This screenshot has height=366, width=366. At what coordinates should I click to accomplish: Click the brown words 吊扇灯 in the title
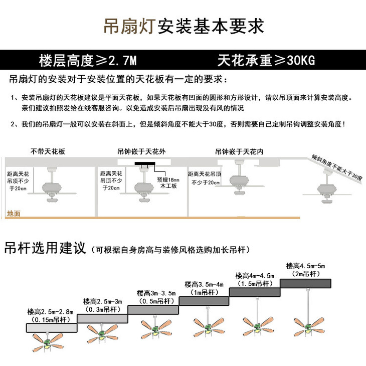tap(129, 26)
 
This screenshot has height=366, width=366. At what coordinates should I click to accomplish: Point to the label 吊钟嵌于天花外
tap(138, 151)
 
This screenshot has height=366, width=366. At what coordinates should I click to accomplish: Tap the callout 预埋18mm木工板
tap(167, 182)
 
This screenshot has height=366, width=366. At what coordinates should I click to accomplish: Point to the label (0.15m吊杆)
tap(52, 319)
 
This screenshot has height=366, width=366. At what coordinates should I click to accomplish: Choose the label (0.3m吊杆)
tap(102, 310)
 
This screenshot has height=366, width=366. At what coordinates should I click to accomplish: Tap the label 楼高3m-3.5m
tap(156, 293)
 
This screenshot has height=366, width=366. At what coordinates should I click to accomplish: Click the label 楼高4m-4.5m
tap(255, 276)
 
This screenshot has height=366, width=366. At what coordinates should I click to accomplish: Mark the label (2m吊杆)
tap(305, 274)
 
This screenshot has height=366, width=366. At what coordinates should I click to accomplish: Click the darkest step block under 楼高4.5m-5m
tap(305, 283)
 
